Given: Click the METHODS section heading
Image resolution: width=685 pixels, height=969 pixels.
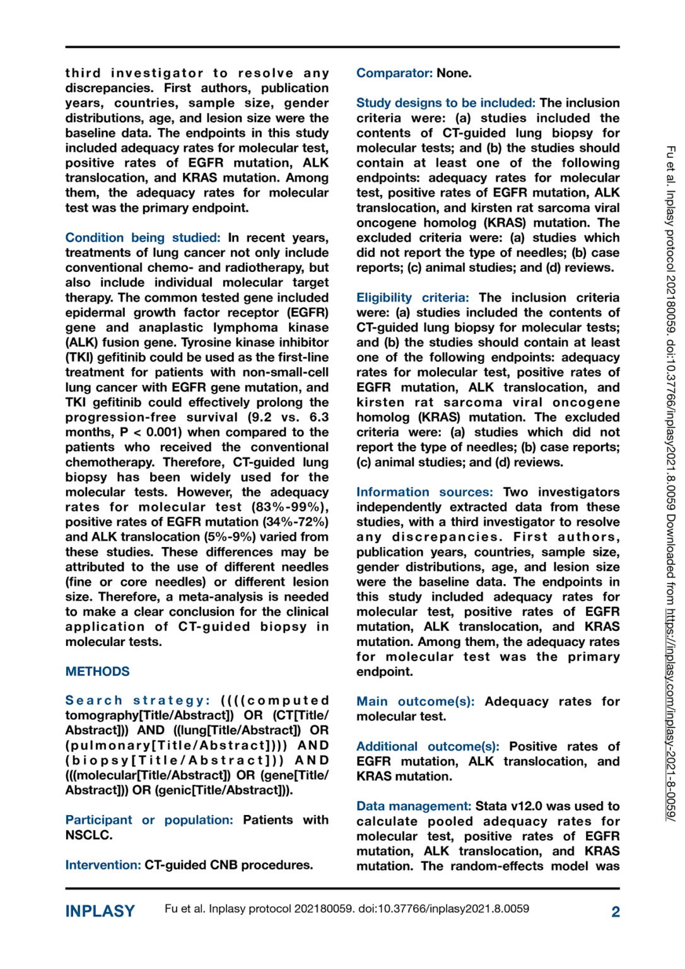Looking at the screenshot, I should pos(97,672).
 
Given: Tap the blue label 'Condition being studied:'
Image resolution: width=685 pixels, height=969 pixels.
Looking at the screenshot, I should pos(143,238).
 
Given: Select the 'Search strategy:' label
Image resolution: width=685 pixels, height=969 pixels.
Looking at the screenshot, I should pos(138,701).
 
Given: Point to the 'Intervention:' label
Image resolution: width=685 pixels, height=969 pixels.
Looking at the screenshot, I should pos(103,865).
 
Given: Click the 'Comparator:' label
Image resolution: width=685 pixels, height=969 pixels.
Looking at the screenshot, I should pos(394,73).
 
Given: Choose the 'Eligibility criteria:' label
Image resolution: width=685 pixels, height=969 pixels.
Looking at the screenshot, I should pos(413,298).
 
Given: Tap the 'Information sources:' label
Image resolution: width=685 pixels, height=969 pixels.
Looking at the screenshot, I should pos(424,492).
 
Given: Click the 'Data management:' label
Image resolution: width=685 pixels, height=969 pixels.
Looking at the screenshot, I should pos(414,806).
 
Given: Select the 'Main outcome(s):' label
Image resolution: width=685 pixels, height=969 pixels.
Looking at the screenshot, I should pos(416,702).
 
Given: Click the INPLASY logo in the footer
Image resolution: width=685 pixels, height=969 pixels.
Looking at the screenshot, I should pos(100,912).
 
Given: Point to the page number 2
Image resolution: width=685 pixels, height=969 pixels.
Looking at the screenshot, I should pos(616,912).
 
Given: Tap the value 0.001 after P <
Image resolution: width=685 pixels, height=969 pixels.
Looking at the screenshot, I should pos(163,433).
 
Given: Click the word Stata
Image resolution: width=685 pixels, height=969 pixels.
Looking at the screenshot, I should pos(491,806).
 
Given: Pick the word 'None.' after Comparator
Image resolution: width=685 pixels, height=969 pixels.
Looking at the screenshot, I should pos(454,73).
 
